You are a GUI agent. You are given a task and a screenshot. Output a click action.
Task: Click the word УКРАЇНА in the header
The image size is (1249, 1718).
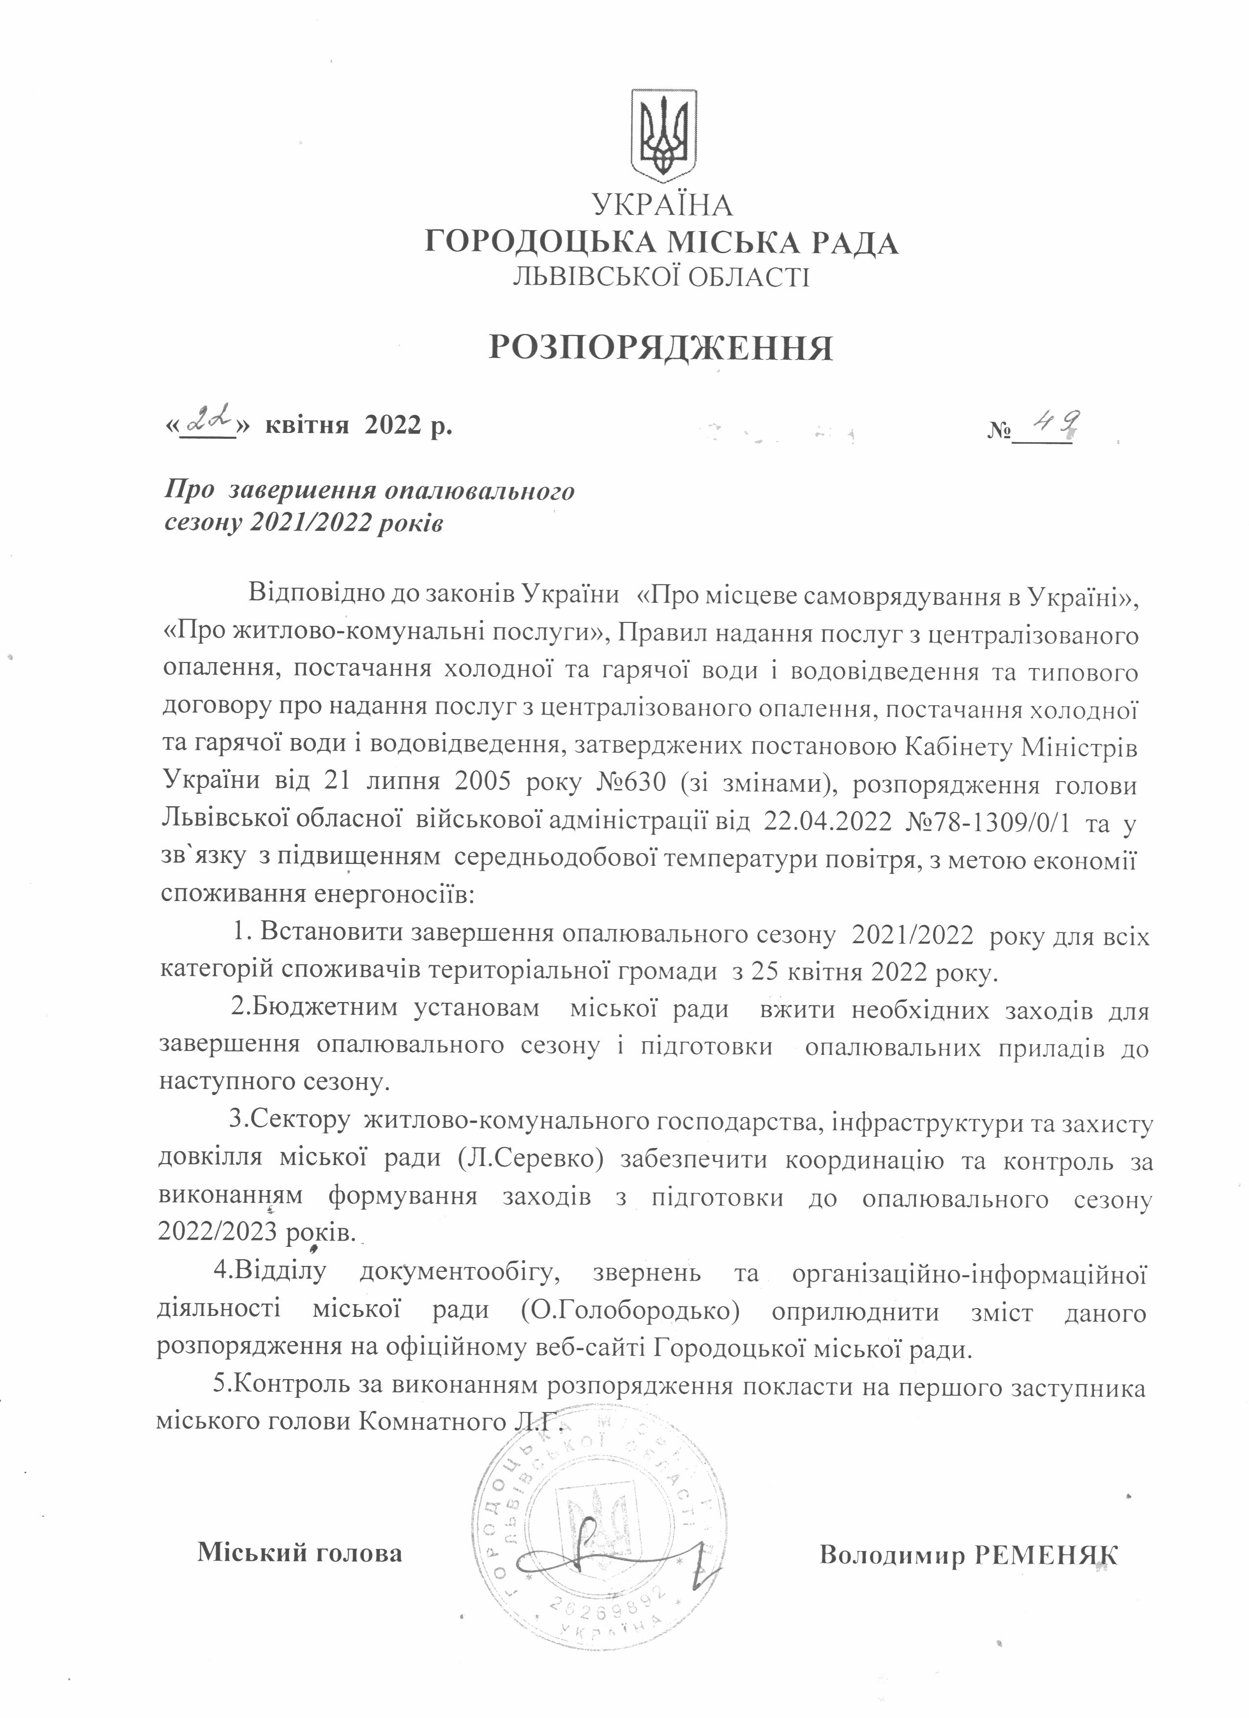click(662, 205)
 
